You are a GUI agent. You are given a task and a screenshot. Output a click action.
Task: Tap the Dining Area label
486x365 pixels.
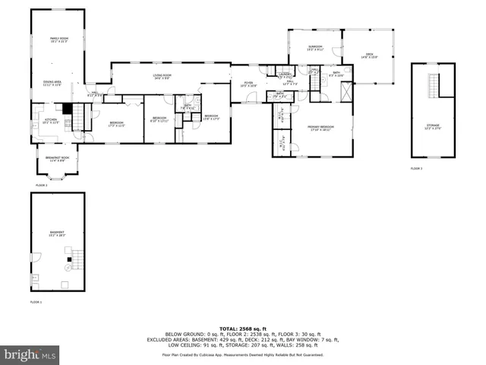52,83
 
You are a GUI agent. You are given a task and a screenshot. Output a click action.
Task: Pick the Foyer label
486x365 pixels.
248,84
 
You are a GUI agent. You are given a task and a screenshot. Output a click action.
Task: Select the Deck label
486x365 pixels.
369,55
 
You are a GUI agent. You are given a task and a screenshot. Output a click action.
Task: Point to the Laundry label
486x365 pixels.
286,75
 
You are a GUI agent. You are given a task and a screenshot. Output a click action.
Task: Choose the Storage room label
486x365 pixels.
432,126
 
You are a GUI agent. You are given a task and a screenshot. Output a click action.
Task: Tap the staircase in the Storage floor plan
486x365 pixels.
434,87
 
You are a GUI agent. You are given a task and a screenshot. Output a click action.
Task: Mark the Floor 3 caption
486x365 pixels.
416,167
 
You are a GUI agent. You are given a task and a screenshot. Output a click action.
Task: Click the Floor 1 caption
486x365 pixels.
36,302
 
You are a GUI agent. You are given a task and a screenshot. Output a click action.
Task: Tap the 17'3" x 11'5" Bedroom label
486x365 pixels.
115,124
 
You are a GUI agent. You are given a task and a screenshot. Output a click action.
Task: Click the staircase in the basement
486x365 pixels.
71,267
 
